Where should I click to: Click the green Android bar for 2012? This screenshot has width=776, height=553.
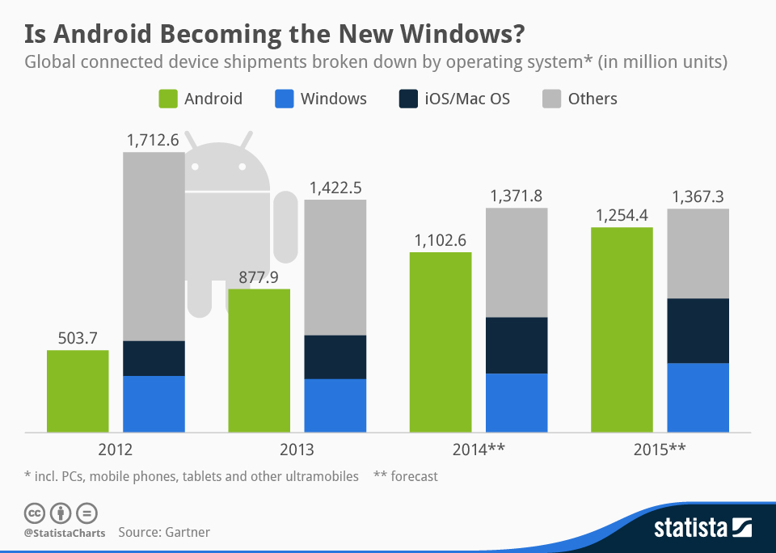tap(78, 390)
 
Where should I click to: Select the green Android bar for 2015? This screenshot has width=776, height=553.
tap(622, 329)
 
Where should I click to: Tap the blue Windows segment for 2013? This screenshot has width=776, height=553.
tap(335, 405)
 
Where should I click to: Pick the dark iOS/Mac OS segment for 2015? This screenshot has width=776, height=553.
tap(698, 331)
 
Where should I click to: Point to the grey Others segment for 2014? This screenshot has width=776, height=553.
tap(517, 263)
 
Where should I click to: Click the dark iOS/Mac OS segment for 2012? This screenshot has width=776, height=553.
tap(154, 358)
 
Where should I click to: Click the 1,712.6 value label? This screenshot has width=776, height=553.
tap(152, 140)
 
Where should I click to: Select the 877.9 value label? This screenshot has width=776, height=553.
tap(259, 277)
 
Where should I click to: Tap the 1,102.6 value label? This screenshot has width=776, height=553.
tap(441, 240)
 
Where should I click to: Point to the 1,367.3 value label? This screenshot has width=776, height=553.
tap(698, 196)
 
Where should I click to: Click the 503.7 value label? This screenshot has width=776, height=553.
tap(78, 338)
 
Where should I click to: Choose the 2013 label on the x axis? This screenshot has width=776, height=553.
tap(297, 450)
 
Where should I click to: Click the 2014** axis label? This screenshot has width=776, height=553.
tap(479, 450)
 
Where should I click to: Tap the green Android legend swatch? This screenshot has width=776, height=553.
tap(167, 99)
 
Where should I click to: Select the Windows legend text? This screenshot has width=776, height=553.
tap(333, 99)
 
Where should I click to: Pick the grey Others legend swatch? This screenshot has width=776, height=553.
tap(550, 99)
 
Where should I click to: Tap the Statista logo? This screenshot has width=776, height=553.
tap(702, 529)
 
